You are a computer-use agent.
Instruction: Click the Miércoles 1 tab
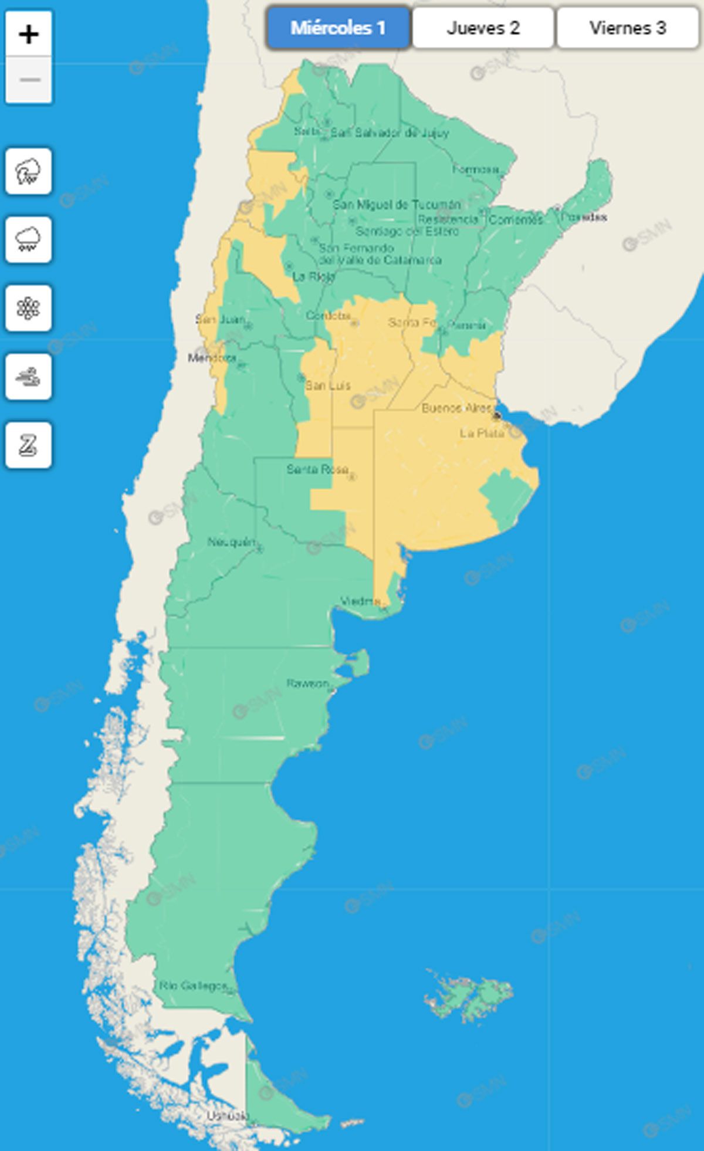(338, 28)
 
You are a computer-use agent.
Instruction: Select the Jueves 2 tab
(483, 28)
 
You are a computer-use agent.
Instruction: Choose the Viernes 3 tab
(627, 28)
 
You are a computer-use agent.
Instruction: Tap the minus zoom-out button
(29, 80)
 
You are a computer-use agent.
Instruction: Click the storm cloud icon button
(29, 171)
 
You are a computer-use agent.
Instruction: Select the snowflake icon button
(29, 308)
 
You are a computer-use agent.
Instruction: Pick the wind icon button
(29, 377)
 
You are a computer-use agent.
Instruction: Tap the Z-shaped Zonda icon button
(29, 445)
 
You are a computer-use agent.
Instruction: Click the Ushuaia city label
(228, 1116)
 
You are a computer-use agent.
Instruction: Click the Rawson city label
(307, 683)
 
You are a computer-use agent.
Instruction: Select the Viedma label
(360, 601)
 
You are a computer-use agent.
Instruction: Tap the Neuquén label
(232, 542)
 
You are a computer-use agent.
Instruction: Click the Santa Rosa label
(317, 469)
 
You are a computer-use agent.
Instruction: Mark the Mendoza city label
(212, 357)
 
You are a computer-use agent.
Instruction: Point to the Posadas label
(583, 217)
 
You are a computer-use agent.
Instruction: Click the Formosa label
(475, 170)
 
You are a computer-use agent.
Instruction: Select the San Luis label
(328, 385)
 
